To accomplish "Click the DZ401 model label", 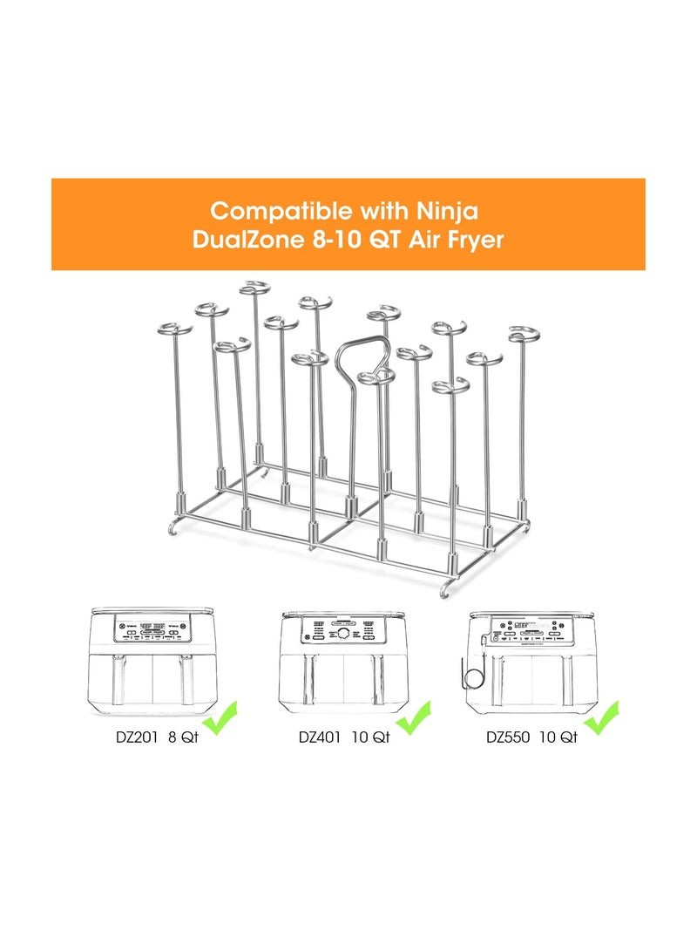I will (320, 737).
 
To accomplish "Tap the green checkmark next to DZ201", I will (220, 719).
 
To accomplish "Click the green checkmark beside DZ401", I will (411, 719).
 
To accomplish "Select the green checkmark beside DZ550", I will (601, 719).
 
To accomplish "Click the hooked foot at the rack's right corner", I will (448, 589).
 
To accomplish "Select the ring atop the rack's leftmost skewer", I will (174, 330).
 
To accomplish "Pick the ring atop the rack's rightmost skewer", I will (527, 334).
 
